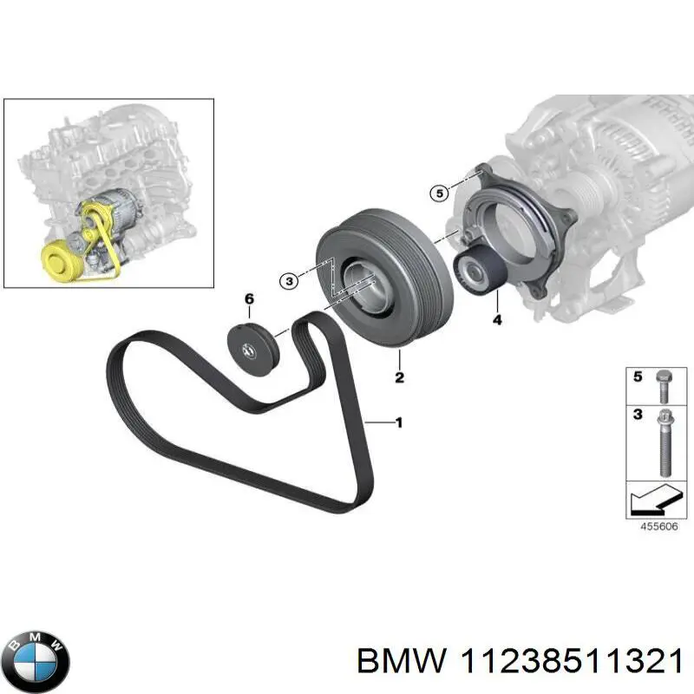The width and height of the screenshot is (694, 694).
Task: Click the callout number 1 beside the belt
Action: (x=398, y=423)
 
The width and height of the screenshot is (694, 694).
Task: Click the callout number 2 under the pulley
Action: (x=399, y=377)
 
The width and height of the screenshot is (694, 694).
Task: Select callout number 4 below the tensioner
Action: (x=497, y=321)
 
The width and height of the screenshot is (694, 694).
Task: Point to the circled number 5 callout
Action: (x=441, y=193)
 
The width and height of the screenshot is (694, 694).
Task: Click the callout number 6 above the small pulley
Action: (x=249, y=299)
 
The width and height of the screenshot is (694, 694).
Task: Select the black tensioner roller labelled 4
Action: (x=475, y=265)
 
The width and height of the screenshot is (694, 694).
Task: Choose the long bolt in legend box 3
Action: (x=663, y=442)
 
